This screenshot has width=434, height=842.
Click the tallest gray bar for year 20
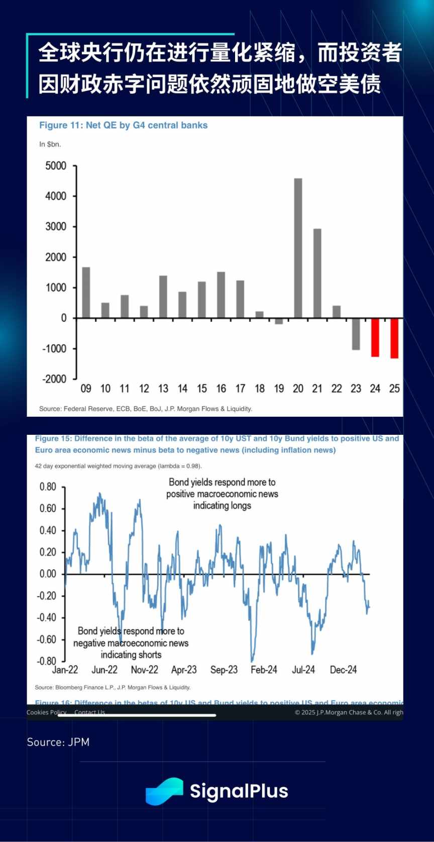(x=298, y=248)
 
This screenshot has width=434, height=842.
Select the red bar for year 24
(x=375, y=337)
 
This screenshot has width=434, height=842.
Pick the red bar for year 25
(x=394, y=338)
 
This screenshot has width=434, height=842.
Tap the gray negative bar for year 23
(x=356, y=334)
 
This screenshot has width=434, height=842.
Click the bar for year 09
(x=86, y=293)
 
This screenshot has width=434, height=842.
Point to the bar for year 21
(x=317, y=273)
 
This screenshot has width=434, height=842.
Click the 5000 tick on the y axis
(x=56, y=166)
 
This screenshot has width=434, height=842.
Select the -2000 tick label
(x=54, y=379)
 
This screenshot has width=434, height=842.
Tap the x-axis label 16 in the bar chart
(x=221, y=389)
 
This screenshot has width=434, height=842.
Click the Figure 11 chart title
(x=124, y=125)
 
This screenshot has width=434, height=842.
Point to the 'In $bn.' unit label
(x=50, y=144)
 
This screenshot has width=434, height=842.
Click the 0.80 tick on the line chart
(x=48, y=487)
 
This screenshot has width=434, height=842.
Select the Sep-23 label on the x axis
(x=224, y=670)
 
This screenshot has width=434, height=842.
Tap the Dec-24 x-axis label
(x=343, y=670)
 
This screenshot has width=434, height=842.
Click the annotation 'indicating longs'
(x=222, y=506)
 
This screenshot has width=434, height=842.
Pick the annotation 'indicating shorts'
(x=131, y=654)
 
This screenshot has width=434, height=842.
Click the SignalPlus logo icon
(x=164, y=791)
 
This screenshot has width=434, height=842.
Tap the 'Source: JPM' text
(x=58, y=742)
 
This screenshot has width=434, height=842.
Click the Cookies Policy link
(x=46, y=712)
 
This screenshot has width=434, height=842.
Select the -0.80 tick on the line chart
(x=47, y=661)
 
